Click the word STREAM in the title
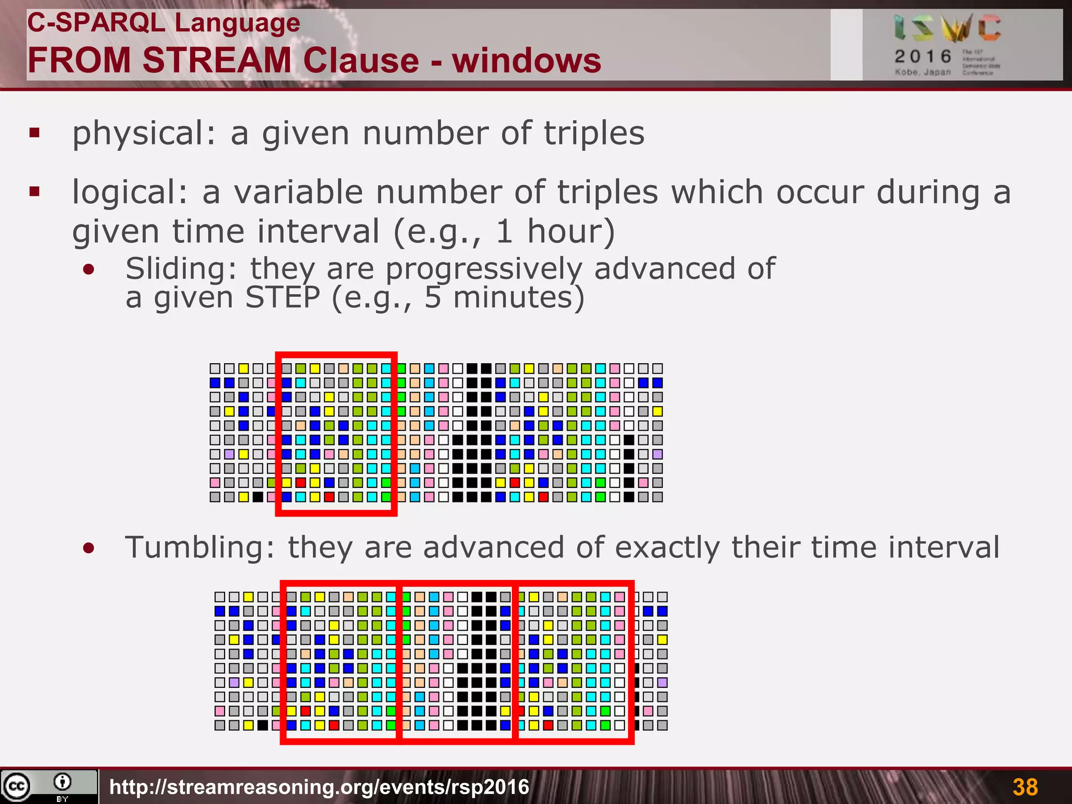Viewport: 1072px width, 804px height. coord(216,60)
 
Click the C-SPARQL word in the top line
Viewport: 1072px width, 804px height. coord(96,23)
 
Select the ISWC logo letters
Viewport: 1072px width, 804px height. coord(947,28)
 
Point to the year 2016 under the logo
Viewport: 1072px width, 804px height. coord(923,56)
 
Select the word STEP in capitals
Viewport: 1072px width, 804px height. coord(283,297)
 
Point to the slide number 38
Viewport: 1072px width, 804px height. coord(1025,787)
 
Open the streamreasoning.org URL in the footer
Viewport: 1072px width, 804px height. coord(319,787)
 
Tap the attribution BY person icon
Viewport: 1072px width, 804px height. coord(62,783)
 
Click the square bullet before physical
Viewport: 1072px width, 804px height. coord(35,133)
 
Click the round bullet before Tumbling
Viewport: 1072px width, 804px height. coord(89,549)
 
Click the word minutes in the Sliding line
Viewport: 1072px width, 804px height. coord(518,297)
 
